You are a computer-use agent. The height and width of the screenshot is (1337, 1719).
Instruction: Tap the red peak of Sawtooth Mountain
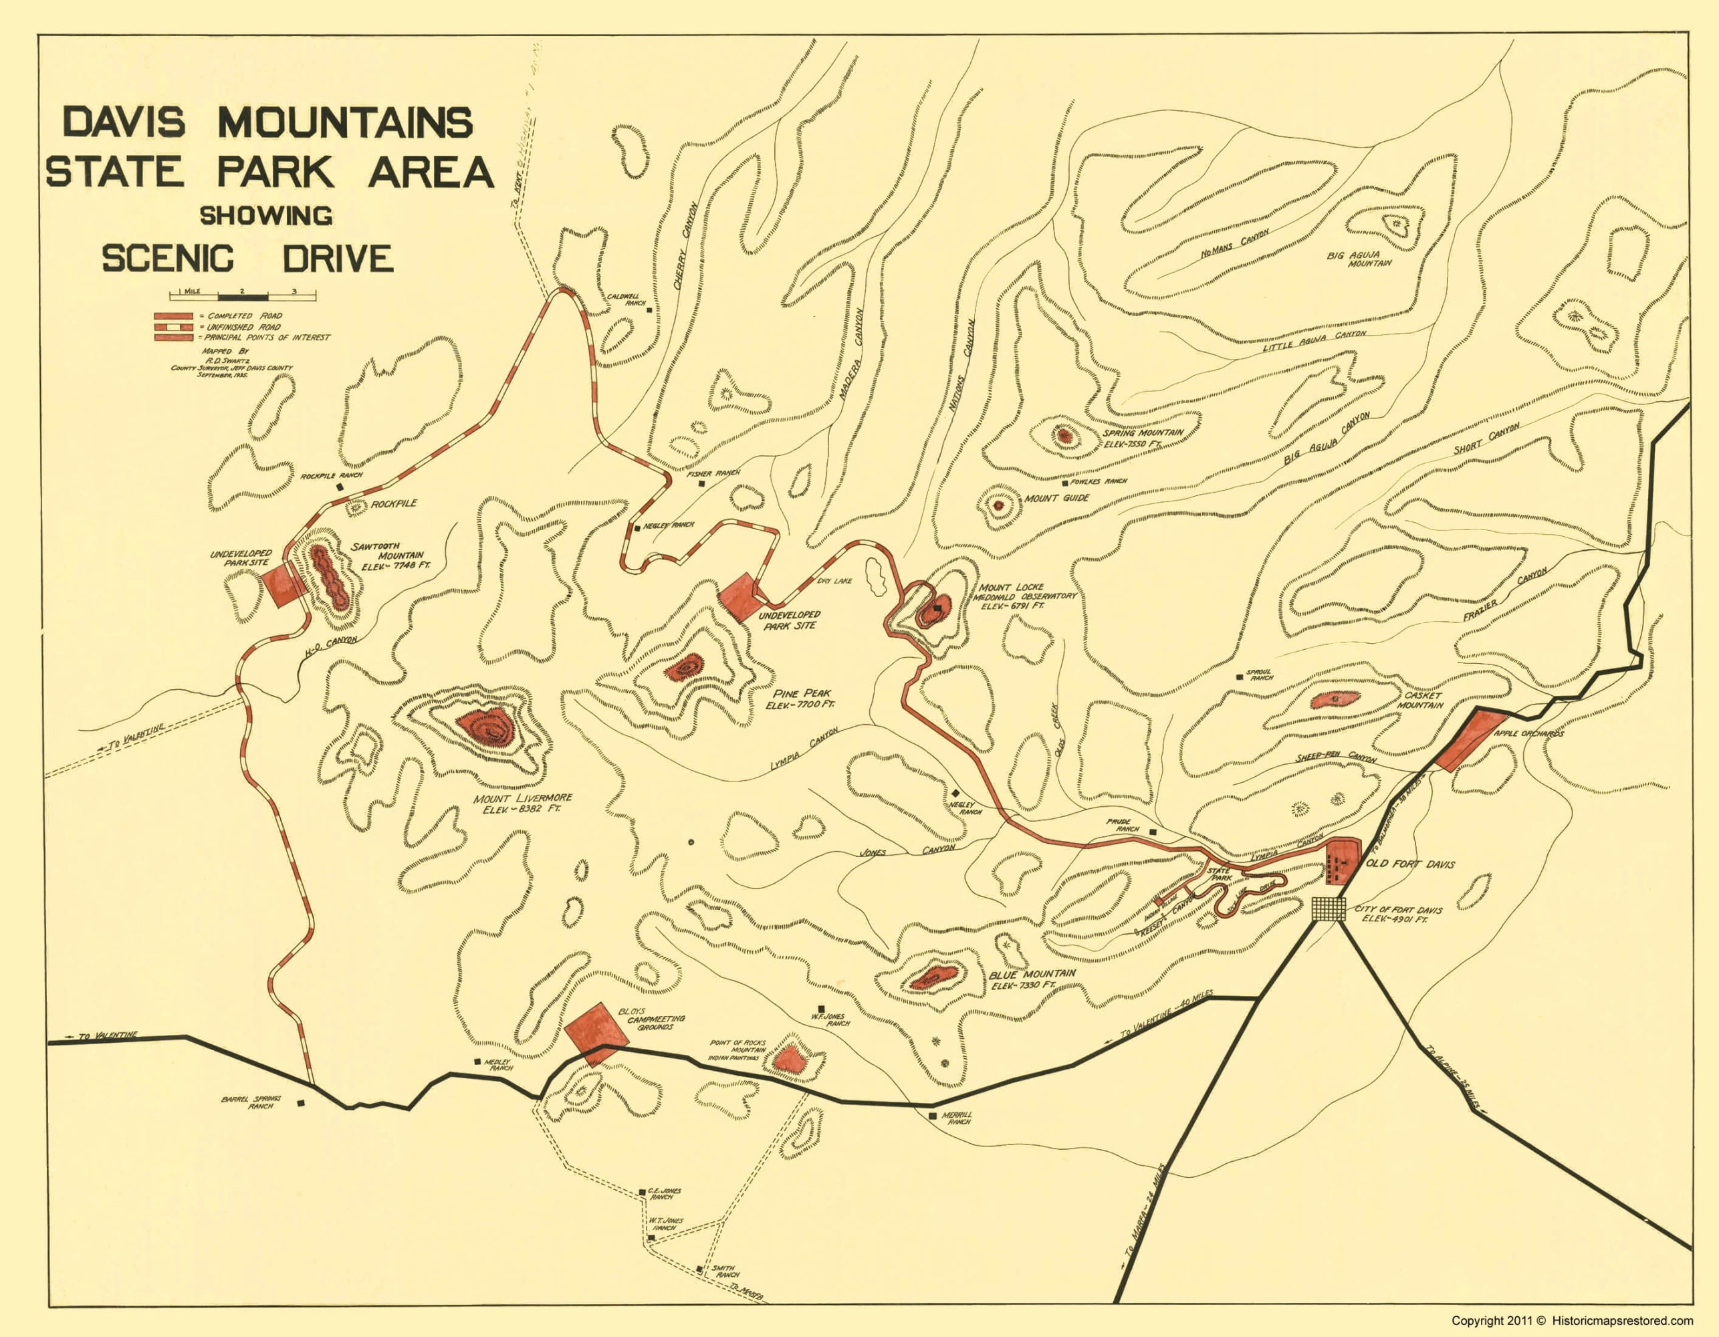(x=330, y=578)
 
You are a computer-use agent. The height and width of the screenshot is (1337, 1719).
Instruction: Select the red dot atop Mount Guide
(x=999, y=506)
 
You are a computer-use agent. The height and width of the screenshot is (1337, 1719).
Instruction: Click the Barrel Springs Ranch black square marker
(x=301, y=1104)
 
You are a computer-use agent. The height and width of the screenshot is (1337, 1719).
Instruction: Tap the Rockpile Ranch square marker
(x=340, y=487)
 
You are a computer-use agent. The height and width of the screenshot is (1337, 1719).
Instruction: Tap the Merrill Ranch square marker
(x=933, y=1116)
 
